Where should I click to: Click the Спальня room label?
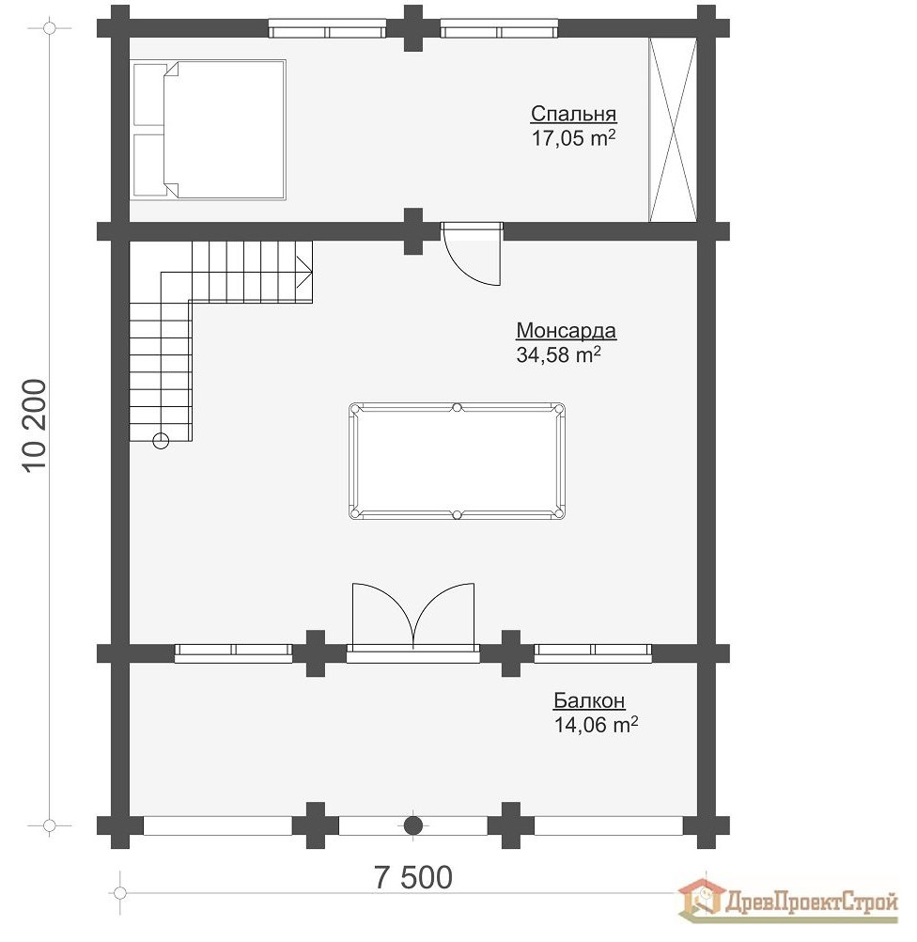(573, 115)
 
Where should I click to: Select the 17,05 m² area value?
(573, 139)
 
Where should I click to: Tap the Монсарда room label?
(566, 331)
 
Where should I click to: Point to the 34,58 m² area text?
(558, 355)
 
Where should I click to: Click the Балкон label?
(589, 701)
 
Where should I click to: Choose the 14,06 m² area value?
(597, 725)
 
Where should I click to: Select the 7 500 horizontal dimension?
(412, 877)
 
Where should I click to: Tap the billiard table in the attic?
(458, 461)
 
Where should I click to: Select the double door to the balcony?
(412, 616)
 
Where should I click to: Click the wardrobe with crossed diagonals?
(674, 130)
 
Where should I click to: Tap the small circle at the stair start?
(161, 439)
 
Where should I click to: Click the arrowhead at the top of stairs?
(304, 271)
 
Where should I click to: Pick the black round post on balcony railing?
(412, 825)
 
